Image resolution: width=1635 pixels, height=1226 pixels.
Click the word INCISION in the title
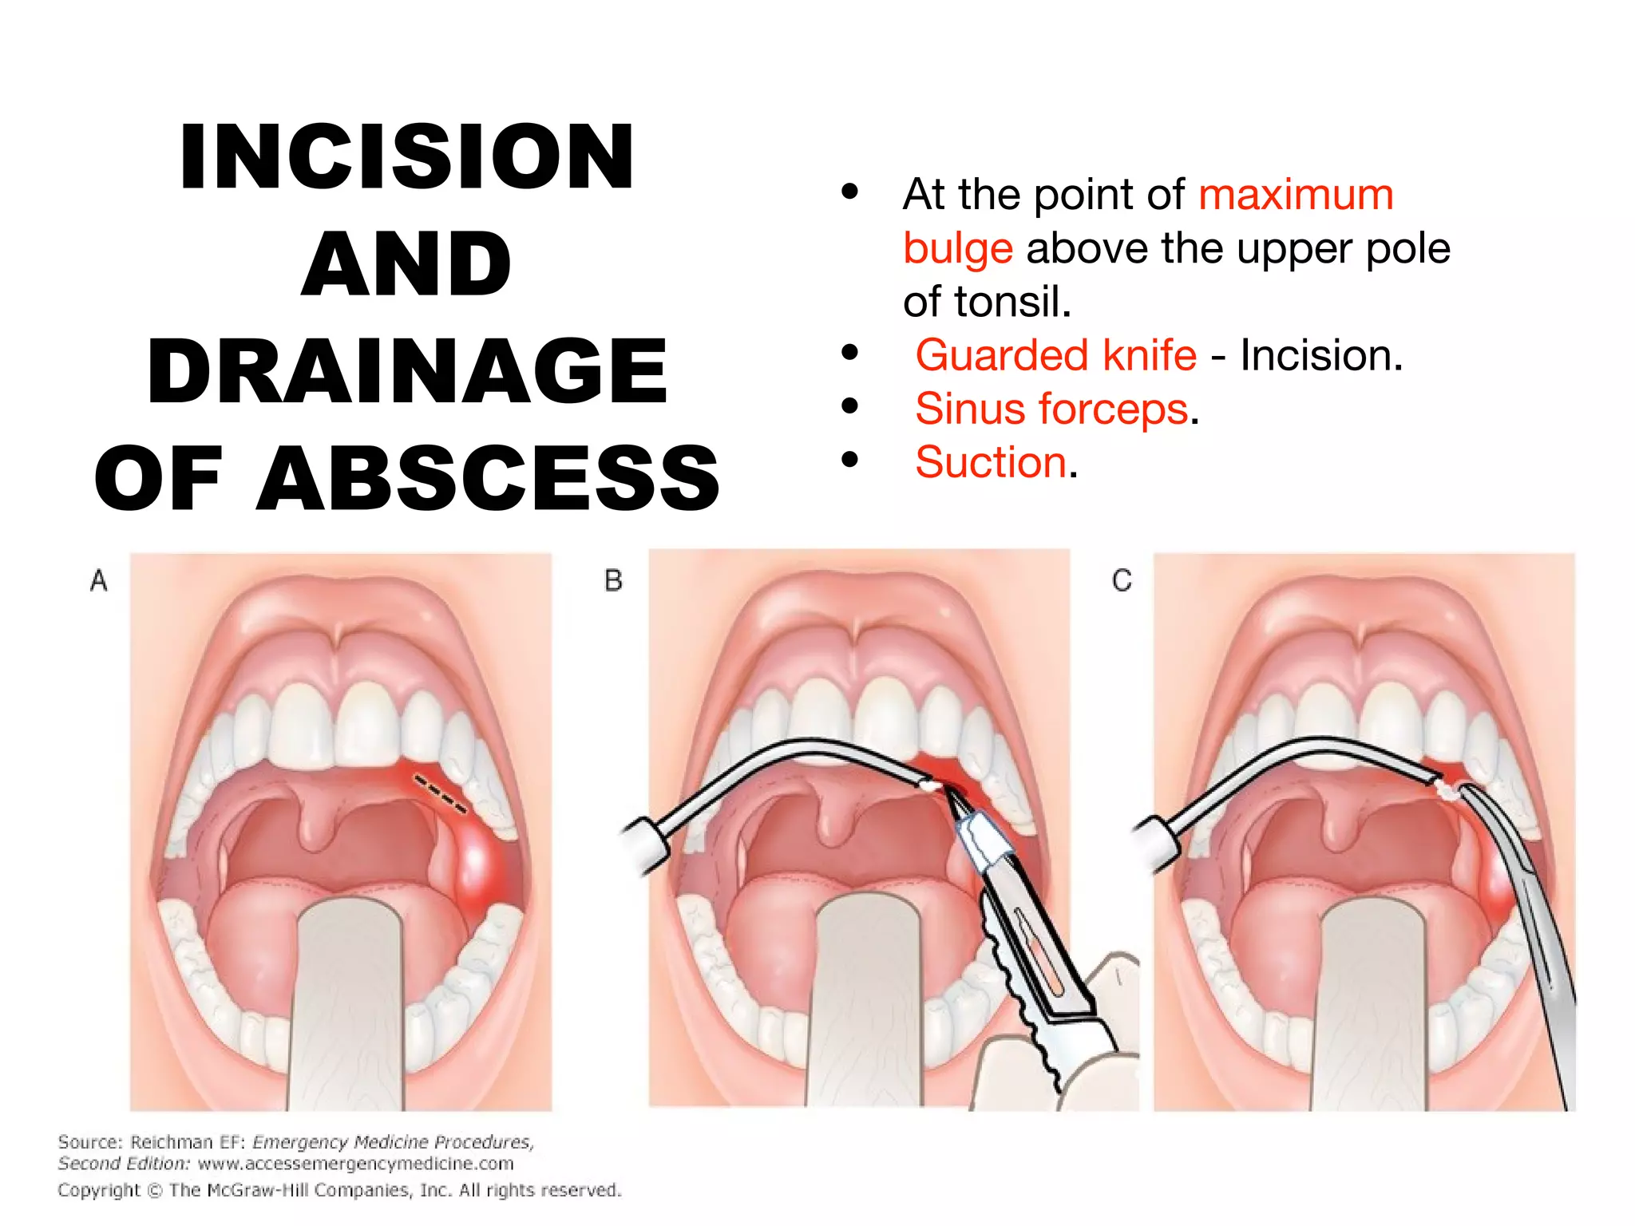(x=407, y=157)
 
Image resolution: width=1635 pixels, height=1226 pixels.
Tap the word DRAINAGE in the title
(x=407, y=371)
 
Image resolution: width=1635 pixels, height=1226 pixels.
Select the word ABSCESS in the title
(x=489, y=479)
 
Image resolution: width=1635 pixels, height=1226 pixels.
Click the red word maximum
(x=1296, y=195)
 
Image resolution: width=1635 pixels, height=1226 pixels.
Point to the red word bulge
(x=957, y=249)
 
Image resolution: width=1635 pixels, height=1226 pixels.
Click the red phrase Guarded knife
(x=1055, y=355)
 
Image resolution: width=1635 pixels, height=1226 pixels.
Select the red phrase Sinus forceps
(x=1051, y=409)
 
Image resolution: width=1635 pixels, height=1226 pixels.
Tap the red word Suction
(x=991, y=463)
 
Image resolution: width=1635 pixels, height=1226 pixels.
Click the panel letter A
(x=98, y=580)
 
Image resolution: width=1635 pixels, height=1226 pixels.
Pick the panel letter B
(x=613, y=580)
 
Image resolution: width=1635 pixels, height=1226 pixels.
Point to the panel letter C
(x=1122, y=580)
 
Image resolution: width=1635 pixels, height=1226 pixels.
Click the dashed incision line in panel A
(x=439, y=793)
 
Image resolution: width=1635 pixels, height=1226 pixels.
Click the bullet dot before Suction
(x=849, y=460)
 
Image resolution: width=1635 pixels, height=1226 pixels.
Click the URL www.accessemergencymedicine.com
(x=355, y=1164)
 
